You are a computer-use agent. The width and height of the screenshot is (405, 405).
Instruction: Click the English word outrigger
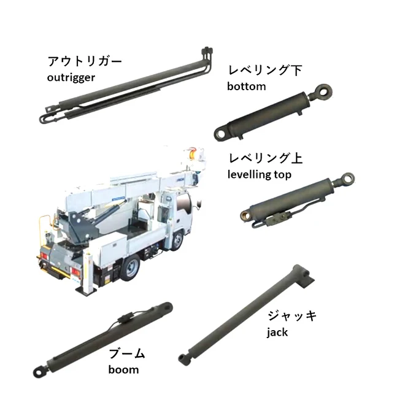[71, 77]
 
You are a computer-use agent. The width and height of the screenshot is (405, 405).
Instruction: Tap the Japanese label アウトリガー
[85, 62]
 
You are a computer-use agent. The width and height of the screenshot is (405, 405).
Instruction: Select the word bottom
[246, 86]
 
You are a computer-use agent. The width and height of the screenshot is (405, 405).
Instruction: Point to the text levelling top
[259, 174]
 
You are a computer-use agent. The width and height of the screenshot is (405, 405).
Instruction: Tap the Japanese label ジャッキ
[291, 317]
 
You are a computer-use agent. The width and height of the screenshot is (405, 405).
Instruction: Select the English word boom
[123, 369]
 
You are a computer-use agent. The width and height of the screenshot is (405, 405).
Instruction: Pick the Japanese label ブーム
[126, 353]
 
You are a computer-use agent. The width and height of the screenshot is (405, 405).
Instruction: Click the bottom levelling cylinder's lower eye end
[219, 133]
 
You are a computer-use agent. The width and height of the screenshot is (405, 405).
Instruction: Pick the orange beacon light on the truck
[193, 153]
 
